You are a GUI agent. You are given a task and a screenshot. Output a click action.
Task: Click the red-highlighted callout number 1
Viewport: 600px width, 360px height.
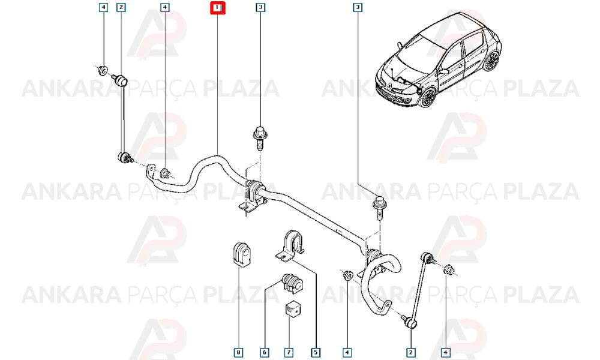pyautogui.click(x=217, y=7)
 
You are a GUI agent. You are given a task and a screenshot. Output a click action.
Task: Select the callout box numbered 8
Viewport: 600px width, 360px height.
pyautogui.click(x=238, y=352)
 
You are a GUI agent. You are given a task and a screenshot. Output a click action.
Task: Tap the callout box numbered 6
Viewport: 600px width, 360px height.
pyautogui.click(x=265, y=352)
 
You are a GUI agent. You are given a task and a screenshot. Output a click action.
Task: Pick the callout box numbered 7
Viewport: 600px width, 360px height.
pyautogui.click(x=289, y=352)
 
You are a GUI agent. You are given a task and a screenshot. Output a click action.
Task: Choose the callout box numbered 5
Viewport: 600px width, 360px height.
pyautogui.click(x=316, y=352)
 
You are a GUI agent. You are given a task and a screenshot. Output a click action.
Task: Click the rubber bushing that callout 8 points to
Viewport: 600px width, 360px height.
pyautogui.click(x=241, y=254)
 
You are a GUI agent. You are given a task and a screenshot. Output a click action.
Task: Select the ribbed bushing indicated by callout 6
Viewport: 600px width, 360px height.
pyautogui.click(x=292, y=283)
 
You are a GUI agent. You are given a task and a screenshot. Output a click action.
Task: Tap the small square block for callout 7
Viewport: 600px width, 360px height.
pyautogui.click(x=293, y=309)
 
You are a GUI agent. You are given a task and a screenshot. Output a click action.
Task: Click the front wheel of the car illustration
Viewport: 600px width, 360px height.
pyautogui.click(x=428, y=98)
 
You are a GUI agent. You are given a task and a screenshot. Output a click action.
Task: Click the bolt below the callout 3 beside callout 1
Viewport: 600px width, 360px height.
pyautogui.click(x=260, y=138)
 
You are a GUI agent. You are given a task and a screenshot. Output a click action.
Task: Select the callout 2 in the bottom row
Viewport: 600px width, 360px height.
pyautogui.click(x=410, y=352)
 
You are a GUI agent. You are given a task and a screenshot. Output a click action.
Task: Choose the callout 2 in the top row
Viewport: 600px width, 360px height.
pyautogui.click(x=121, y=7)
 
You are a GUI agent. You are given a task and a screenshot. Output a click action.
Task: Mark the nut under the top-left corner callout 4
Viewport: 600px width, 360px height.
pyautogui.click(x=102, y=71)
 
